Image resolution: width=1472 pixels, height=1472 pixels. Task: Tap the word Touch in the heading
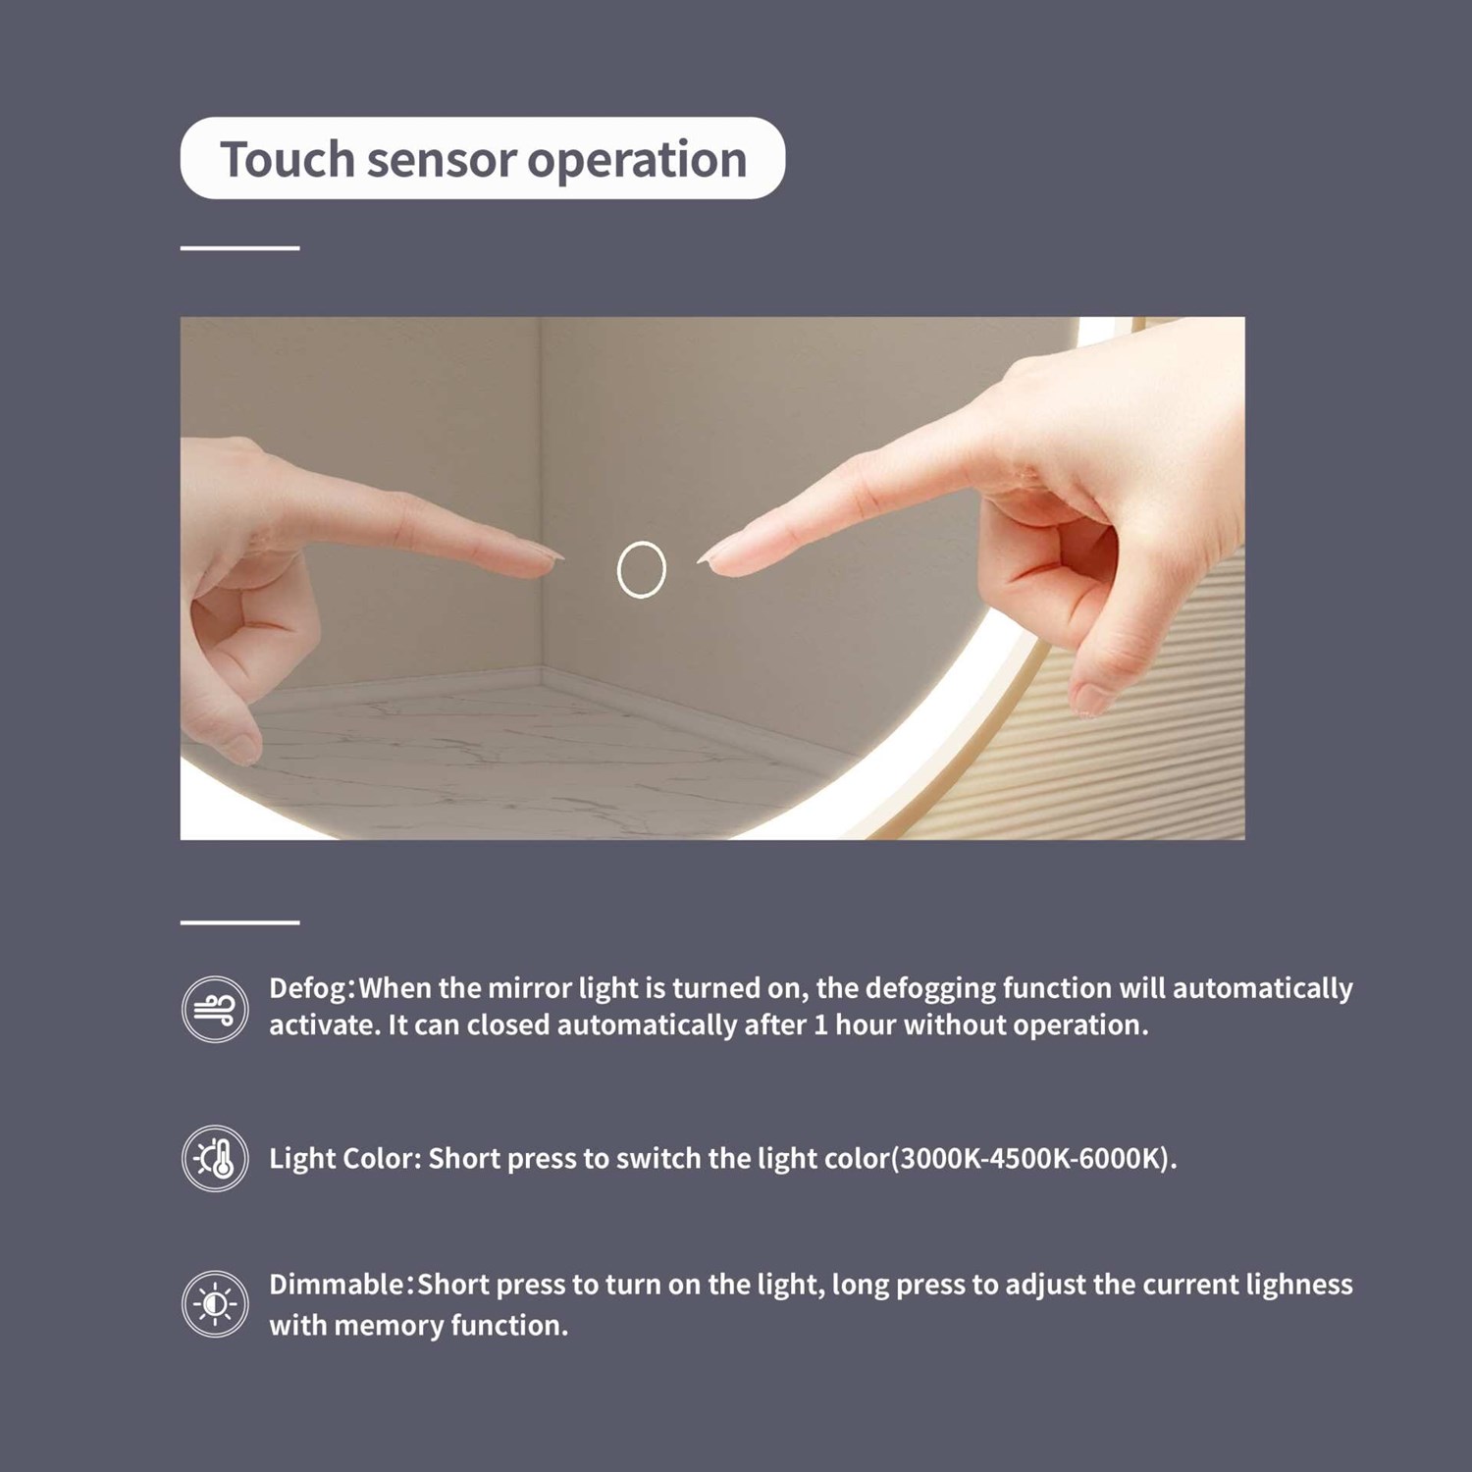pos(287,159)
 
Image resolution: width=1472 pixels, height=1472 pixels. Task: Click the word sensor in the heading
pos(441,161)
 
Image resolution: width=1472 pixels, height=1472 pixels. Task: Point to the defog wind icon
pos(215,1009)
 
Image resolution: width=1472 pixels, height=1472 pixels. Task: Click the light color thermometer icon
pos(215,1158)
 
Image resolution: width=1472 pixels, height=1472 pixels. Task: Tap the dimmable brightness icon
pos(215,1304)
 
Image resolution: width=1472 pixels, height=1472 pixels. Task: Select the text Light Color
pos(345,1159)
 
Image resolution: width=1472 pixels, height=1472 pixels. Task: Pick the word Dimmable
pos(337,1285)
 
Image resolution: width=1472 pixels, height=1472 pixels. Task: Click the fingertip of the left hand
pos(557,558)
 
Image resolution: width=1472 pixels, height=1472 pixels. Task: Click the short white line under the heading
pos(239,248)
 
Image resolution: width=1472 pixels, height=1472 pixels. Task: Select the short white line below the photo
pos(239,922)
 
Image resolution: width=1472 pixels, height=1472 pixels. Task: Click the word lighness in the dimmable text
pos(1298,1286)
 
